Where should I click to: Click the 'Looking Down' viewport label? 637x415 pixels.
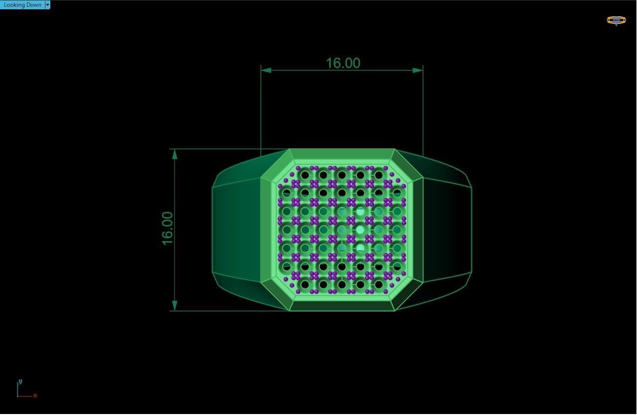tap(22, 5)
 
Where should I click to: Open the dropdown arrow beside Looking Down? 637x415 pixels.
tap(47, 5)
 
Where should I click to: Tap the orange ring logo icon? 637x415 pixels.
tap(616, 20)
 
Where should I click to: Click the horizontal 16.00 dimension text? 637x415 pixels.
tap(343, 63)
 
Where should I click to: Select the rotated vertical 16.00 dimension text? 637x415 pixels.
tap(167, 228)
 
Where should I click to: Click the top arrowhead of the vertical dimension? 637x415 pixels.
tap(175, 154)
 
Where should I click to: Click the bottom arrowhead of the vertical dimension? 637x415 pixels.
tap(175, 306)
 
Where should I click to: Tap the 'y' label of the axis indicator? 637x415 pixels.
tap(20, 381)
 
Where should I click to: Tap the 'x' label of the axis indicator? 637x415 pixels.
tap(35, 395)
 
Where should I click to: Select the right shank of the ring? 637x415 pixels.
tap(447, 229)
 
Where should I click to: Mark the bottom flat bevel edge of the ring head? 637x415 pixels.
tap(342, 306)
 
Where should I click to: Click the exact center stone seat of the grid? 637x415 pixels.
tap(342, 229)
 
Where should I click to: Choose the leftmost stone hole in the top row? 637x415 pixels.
tap(305, 174)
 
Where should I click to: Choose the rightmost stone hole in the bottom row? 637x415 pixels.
tap(379, 285)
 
